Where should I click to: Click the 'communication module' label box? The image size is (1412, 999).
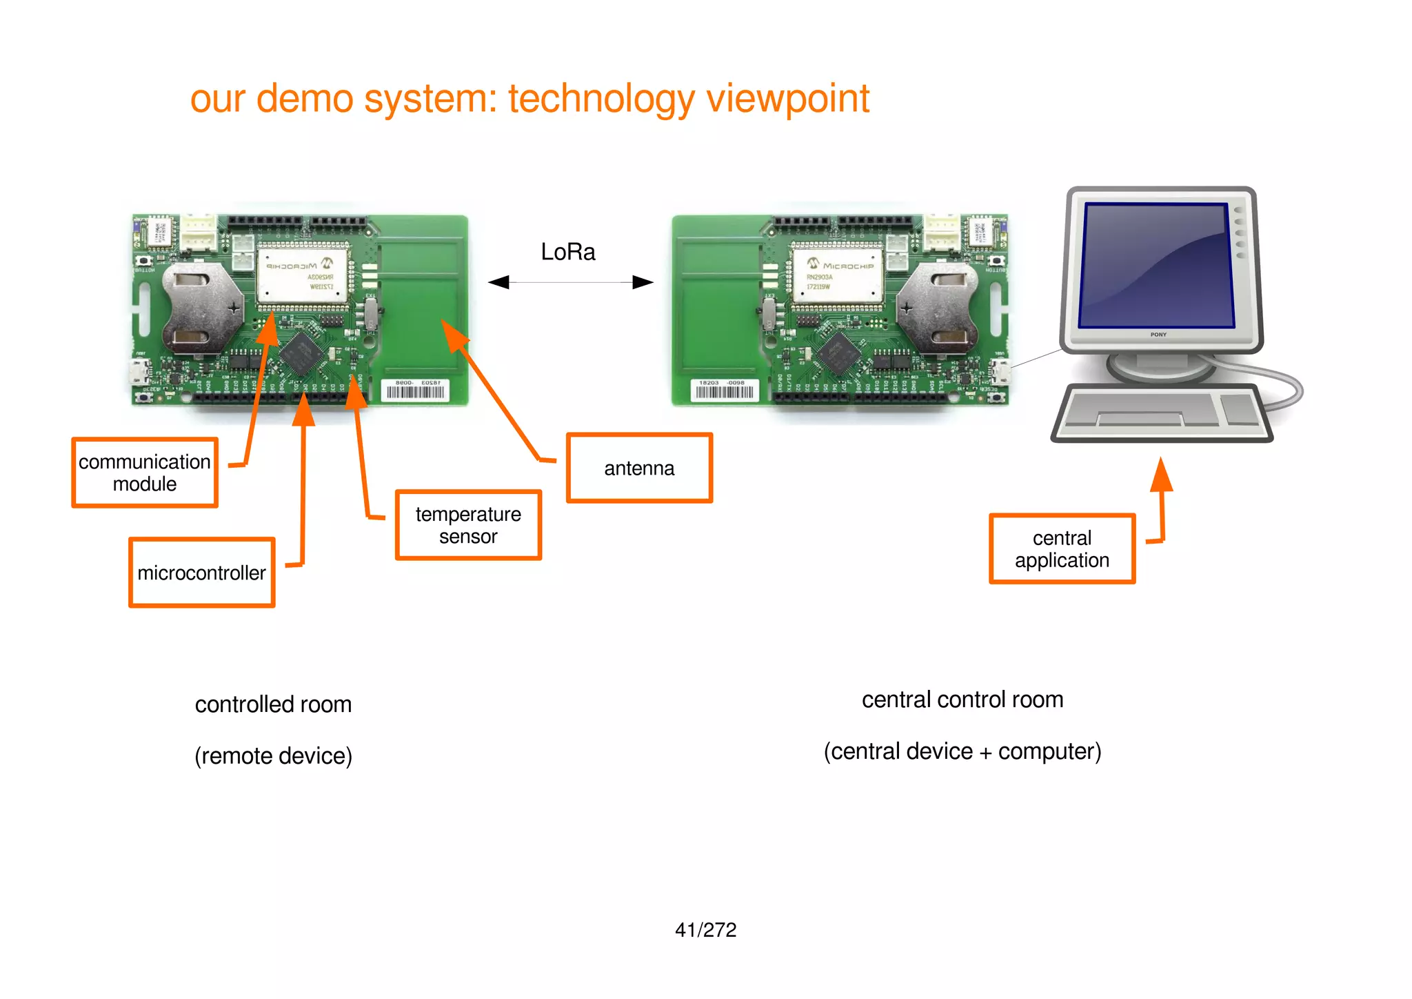(x=145, y=473)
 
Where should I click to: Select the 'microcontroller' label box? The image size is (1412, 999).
(x=201, y=573)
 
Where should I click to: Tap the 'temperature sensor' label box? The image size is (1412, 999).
(x=468, y=525)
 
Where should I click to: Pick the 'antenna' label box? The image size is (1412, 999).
(x=639, y=468)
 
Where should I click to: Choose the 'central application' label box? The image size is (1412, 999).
(x=1062, y=549)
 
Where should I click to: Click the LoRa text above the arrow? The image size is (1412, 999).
(x=567, y=252)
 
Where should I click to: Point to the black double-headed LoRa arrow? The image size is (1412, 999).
(x=570, y=282)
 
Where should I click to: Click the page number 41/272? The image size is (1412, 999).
(x=705, y=930)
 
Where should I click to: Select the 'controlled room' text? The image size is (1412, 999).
(x=273, y=704)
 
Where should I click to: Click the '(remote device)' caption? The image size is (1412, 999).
(x=273, y=756)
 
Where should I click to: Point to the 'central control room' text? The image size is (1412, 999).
(x=962, y=700)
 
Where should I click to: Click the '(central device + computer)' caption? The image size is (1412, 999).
(x=962, y=751)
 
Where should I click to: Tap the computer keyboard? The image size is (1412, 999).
(x=1162, y=413)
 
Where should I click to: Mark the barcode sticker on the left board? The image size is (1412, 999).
(x=415, y=390)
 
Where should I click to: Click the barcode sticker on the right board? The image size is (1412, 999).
(x=724, y=390)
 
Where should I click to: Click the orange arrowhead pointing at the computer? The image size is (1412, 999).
(x=1162, y=475)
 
